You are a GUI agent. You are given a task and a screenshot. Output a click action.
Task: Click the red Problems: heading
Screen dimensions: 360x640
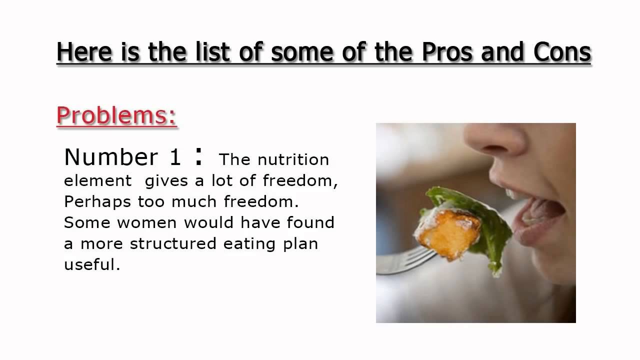click(x=116, y=116)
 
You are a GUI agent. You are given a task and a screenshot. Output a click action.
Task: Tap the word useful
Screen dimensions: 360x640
click(x=92, y=264)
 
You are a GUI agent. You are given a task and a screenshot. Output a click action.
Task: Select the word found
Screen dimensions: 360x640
click(x=310, y=222)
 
